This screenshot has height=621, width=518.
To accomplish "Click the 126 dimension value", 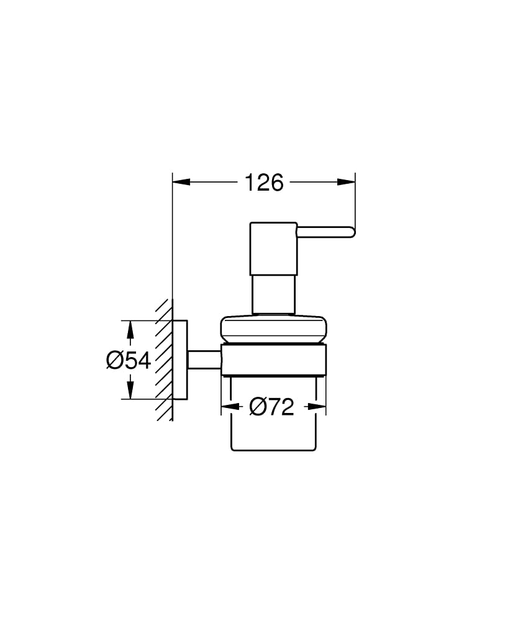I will click(263, 183).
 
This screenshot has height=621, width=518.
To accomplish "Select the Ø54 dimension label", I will click(129, 360).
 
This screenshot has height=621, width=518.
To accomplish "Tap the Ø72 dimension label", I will click(272, 407).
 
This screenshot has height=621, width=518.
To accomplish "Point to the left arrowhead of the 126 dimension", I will click(181, 183).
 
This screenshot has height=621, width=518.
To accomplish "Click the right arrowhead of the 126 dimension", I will click(347, 183).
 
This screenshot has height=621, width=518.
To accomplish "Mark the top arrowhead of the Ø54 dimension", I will click(130, 329).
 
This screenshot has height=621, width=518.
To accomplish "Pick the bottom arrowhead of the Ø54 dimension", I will click(130, 390).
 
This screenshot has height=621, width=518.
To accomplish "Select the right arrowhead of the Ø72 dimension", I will click(317, 407).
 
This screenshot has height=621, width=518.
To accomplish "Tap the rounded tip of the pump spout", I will click(352, 232).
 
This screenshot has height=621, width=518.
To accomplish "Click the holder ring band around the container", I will click(274, 359).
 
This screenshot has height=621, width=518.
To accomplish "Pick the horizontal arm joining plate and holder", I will click(204, 360).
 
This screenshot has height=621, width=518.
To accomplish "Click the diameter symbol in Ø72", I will click(258, 407).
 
